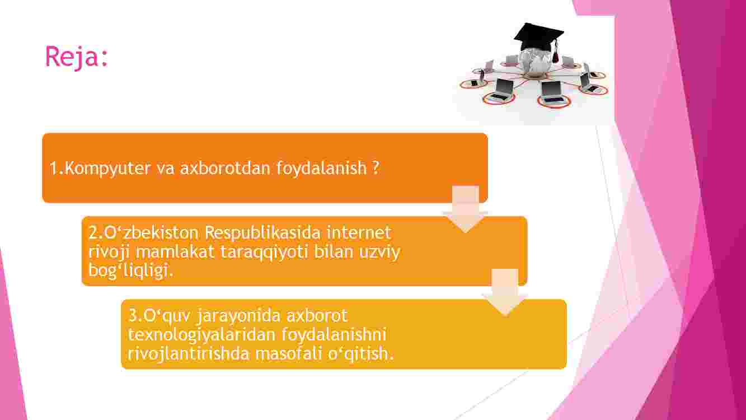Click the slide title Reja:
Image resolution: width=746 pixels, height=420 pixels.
[x=77, y=57]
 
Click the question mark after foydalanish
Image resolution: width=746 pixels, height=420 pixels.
[x=376, y=167]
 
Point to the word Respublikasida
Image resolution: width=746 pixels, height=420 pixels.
[x=262, y=233]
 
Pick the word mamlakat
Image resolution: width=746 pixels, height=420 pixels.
[x=175, y=251]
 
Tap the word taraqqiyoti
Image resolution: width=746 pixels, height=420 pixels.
[x=264, y=253]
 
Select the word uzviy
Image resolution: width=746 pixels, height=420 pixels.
[x=379, y=253]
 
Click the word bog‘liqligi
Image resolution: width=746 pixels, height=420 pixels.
[x=131, y=270]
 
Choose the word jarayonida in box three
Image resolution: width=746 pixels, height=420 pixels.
[x=238, y=316]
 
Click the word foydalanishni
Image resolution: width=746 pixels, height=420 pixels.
[x=334, y=335]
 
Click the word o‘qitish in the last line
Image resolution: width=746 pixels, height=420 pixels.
[x=360, y=354]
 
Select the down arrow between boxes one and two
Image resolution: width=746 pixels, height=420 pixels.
[x=466, y=209]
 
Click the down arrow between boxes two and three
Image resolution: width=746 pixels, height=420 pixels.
[x=505, y=293]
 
